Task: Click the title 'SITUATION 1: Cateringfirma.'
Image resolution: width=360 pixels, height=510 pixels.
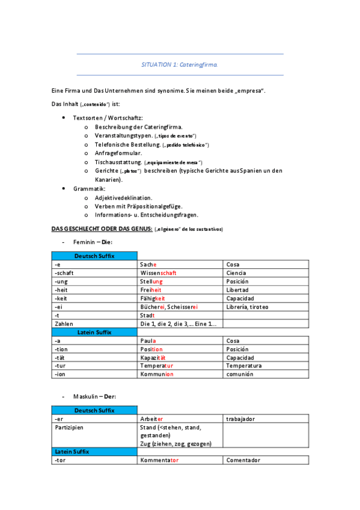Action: [x=180, y=64]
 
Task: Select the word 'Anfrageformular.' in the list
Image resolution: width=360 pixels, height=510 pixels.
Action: [x=117, y=153]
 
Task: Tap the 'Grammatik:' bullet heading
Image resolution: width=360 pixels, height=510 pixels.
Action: [x=89, y=189]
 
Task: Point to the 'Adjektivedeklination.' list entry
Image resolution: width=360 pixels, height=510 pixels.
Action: [x=123, y=197]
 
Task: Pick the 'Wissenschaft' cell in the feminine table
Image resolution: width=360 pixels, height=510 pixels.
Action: [x=157, y=273]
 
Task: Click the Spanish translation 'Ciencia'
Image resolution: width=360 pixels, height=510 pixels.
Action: [x=236, y=273]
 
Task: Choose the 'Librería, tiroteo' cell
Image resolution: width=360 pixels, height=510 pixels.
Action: [x=247, y=307]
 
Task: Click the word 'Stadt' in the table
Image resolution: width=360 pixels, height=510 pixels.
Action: [x=147, y=315]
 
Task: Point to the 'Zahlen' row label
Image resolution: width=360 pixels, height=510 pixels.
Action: [x=64, y=324]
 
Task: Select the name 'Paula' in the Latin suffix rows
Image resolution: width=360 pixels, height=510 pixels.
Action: [x=148, y=341]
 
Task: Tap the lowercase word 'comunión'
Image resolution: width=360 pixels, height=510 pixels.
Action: [x=240, y=374]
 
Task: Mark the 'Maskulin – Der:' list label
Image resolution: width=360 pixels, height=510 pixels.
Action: [x=94, y=397]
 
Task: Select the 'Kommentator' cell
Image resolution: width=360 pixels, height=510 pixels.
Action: [x=159, y=461]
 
